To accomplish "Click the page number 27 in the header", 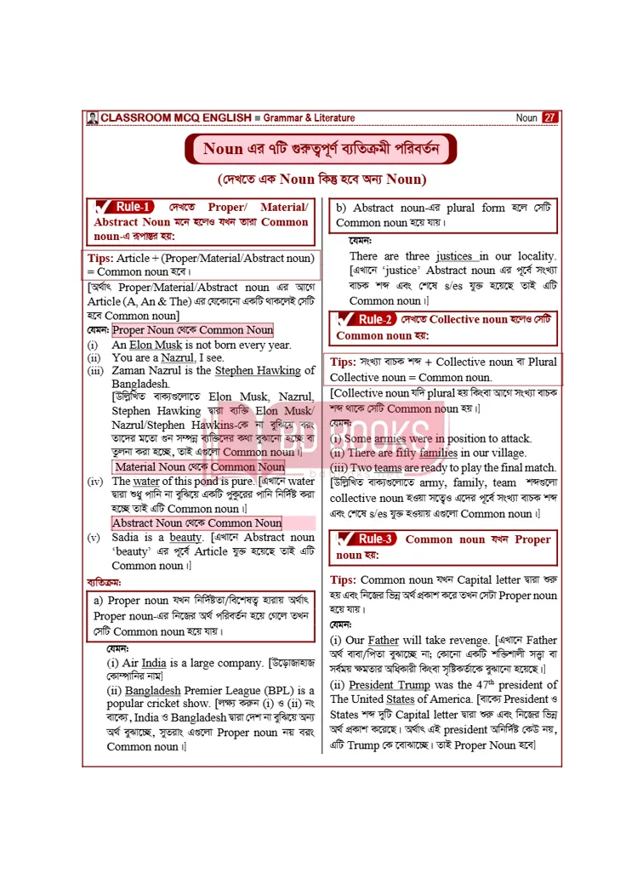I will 549,117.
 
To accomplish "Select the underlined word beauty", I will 185,538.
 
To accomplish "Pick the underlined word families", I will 438,454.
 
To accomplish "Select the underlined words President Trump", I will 383,685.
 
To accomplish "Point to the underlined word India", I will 154,663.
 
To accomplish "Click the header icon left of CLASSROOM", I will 92,117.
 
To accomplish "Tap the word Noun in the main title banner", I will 223,150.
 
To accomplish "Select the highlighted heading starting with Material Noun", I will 200,467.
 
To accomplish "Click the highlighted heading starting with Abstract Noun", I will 196,523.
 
